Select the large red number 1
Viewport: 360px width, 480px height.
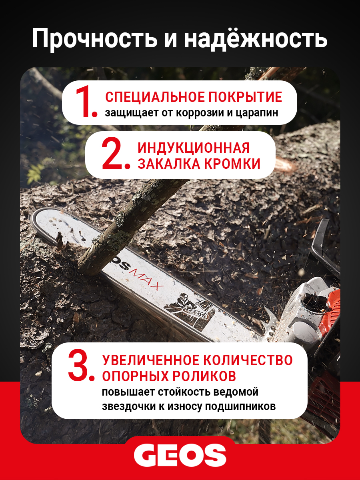[86, 102]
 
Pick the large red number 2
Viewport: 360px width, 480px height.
[116, 153]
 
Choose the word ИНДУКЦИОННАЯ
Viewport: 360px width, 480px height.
[194, 148]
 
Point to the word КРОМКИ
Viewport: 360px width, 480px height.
[232, 164]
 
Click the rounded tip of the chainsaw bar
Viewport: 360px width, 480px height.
[34, 221]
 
